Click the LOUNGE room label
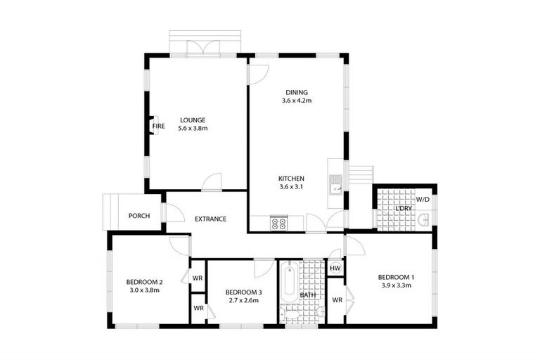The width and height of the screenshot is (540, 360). [192, 120]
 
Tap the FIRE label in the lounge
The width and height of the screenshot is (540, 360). [159, 127]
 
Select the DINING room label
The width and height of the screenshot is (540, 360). [296, 92]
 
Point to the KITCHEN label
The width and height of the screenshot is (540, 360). [291, 178]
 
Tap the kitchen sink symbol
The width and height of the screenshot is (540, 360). [336, 185]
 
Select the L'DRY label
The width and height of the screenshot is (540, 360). [403, 209]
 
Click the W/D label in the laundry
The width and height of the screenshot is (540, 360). [423, 199]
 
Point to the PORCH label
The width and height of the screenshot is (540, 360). [139, 216]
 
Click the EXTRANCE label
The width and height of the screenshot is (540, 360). [210, 219]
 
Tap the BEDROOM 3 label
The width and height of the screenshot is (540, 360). [243, 292]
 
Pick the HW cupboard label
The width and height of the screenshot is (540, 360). [335, 268]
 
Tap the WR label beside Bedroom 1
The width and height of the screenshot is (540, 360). [337, 300]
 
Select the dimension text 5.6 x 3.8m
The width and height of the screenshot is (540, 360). [193, 129]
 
